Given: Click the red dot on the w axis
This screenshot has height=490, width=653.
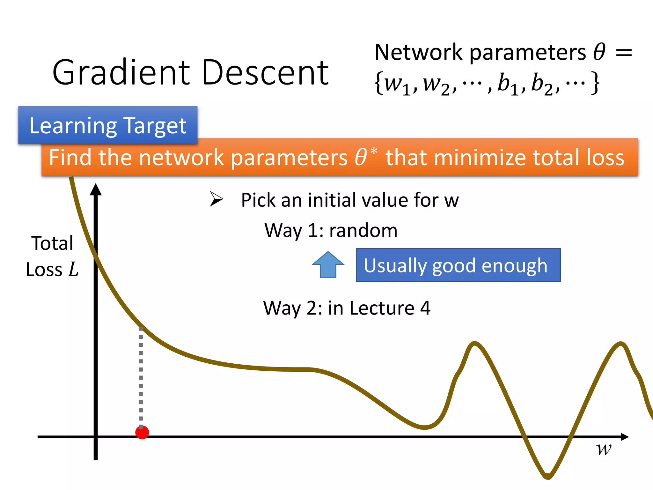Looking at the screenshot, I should click(x=142, y=432).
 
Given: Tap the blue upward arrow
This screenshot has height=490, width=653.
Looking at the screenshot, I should click(x=328, y=264).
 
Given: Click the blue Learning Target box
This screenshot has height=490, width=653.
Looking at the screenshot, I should click(x=108, y=125).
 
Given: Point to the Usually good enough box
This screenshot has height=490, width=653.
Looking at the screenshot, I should click(x=458, y=265).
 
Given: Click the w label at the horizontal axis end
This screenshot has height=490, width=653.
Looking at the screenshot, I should click(x=604, y=449).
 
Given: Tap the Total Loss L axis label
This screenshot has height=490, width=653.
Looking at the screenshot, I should click(x=52, y=256).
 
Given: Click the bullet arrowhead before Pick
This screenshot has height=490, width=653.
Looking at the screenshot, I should click(x=216, y=199).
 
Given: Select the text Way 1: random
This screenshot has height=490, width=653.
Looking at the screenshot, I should click(x=331, y=230).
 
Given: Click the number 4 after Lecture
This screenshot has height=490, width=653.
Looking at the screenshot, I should click(x=425, y=308).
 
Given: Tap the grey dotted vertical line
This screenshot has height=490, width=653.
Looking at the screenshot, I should click(x=141, y=376).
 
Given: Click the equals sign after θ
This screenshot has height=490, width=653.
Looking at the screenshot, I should click(x=624, y=53).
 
